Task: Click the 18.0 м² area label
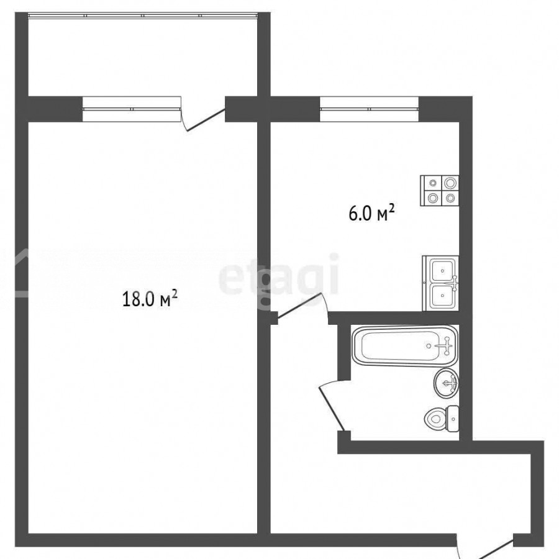[150, 298]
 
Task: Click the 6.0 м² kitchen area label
[372, 213]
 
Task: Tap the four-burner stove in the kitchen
[440, 191]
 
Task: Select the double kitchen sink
[440, 283]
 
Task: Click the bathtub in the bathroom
[405, 345]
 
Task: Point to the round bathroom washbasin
[447, 383]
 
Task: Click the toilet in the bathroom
[442, 419]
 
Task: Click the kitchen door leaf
[300, 306]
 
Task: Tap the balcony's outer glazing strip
[143, 16]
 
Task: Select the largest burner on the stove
[451, 183]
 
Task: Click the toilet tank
[453, 419]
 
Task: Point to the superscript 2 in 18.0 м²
[175, 293]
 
